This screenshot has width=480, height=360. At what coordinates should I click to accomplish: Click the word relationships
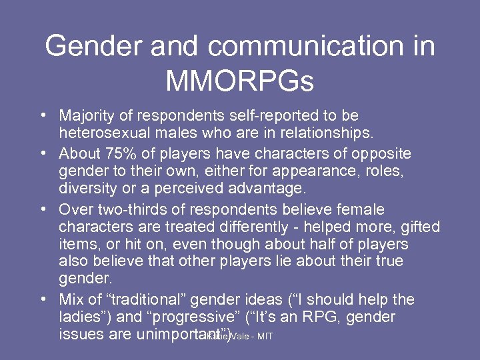(x=316, y=134)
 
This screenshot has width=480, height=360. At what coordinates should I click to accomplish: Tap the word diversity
(x=87, y=189)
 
